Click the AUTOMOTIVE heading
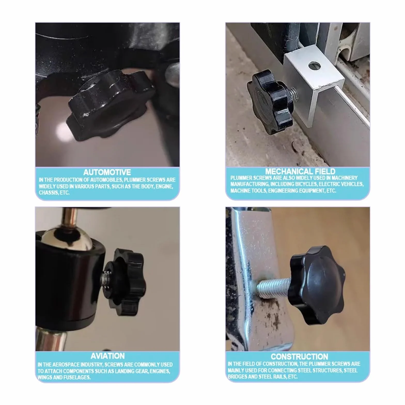click(x=107, y=172)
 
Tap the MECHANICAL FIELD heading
click(x=300, y=171)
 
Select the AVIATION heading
click(x=107, y=356)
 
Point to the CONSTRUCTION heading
click(x=299, y=357)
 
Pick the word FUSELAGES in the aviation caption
click(x=77, y=377)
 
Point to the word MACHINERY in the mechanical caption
click(x=345, y=178)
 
